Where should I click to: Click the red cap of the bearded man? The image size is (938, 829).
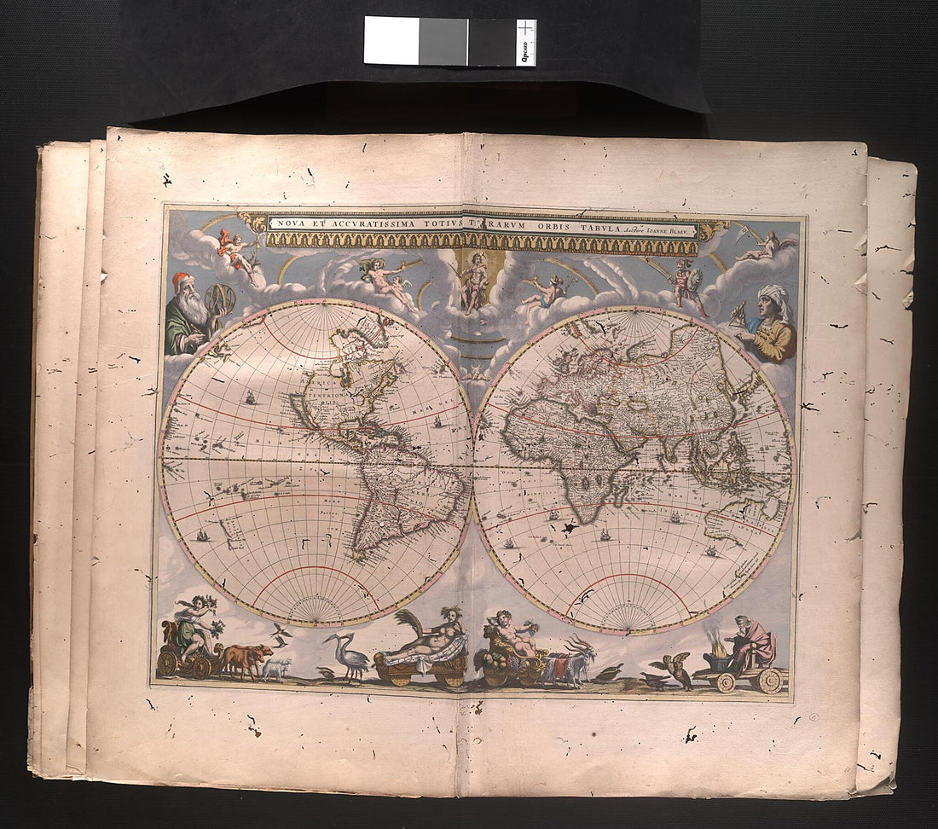point(181,281)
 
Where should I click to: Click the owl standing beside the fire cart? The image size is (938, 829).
point(680,671)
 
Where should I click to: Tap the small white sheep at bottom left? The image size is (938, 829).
point(276,669)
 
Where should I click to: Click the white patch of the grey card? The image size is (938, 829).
point(391,40)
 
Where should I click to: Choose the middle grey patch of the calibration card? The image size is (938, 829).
point(443,41)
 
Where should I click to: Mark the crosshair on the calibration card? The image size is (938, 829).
point(526,30)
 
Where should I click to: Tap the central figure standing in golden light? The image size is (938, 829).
point(475,281)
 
